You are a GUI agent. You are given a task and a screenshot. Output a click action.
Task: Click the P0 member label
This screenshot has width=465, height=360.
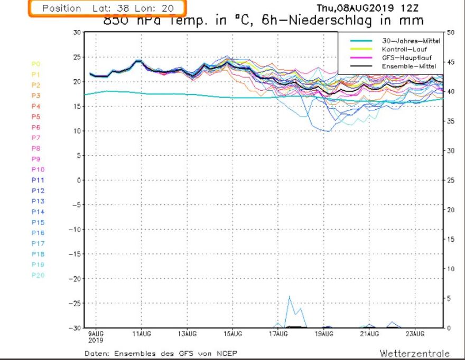(x=36, y=64)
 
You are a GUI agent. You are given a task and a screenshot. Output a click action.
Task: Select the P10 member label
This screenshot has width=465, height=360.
(x=38, y=169)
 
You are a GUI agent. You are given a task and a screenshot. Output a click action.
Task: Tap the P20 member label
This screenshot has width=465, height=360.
(x=38, y=275)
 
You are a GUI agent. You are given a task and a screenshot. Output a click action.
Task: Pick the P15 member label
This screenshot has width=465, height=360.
(x=38, y=222)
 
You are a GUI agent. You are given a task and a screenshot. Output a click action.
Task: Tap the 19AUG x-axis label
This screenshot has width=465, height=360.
(x=324, y=334)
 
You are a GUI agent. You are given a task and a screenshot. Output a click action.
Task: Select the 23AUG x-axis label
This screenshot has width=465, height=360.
(x=415, y=334)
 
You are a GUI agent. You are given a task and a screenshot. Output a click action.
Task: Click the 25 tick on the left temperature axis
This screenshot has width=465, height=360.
(x=76, y=57)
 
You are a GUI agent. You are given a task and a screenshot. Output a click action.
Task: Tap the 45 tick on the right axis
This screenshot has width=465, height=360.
(x=450, y=62)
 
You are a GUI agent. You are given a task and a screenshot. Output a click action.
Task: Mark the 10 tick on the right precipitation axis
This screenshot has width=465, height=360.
(x=450, y=269)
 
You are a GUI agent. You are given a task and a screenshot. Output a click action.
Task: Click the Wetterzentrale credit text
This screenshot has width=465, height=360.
(x=414, y=353)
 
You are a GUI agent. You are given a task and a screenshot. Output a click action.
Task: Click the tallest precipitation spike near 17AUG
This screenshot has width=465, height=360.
(x=289, y=297)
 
